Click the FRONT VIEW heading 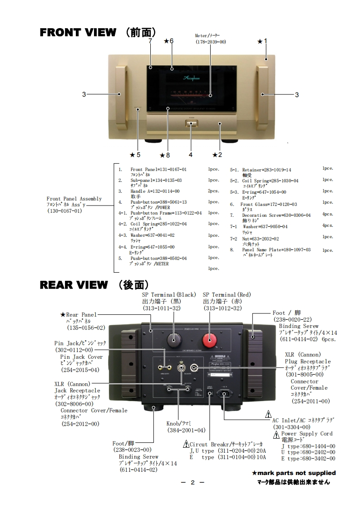(x=78, y=32)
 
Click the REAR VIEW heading (x=74, y=285)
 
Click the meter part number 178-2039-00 (x=211, y=42)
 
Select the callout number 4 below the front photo (x=191, y=155)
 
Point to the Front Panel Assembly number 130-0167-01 (x=65, y=211)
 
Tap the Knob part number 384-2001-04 (x=187, y=430)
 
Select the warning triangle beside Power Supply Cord (x=276, y=435)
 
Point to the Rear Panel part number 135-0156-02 (x=86, y=328)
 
